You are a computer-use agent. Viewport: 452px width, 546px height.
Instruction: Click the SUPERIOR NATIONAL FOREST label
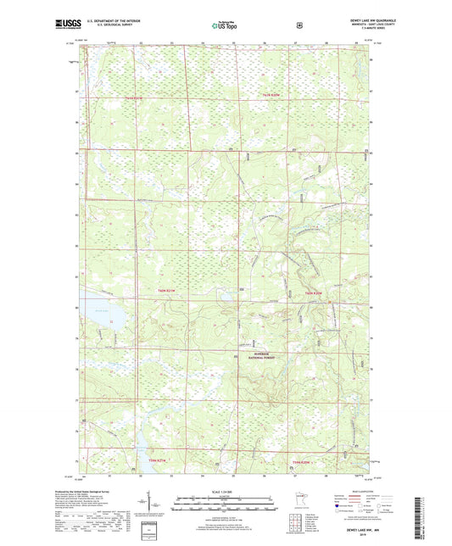coord(259,356)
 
